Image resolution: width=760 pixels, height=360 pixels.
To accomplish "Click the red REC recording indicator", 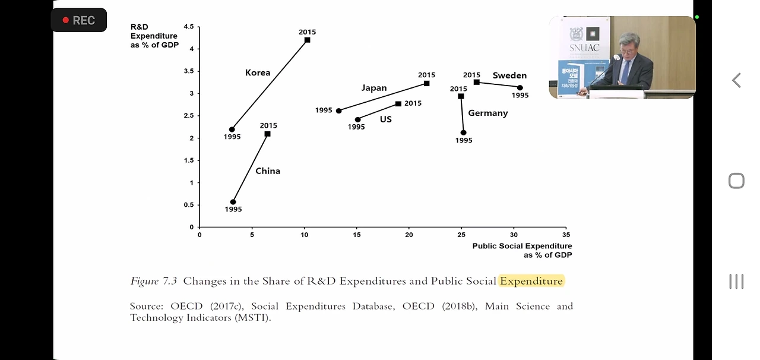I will point(78,20).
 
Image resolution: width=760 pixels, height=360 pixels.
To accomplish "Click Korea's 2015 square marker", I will point(307,40).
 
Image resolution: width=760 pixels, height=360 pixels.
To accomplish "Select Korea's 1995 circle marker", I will point(232,130).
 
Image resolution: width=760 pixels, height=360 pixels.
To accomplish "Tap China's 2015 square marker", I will point(267,134).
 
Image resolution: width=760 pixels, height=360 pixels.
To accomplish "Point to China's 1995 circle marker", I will point(233,202).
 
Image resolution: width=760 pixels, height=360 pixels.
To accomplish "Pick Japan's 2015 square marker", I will point(426,83).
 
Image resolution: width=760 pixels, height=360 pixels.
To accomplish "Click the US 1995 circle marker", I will point(357,119).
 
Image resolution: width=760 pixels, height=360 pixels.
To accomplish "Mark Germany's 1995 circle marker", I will point(463,132).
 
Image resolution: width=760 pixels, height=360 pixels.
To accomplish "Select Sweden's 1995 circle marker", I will point(520,87).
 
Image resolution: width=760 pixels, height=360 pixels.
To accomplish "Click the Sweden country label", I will point(509,75).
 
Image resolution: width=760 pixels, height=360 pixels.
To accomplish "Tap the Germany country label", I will point(487,113).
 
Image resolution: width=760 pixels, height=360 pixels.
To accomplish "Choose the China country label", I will point(268,171).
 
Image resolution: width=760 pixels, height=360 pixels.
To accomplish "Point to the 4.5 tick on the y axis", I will point(189,27).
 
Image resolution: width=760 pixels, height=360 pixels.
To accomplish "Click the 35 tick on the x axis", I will point(565,235).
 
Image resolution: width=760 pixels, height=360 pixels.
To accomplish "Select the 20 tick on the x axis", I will point(408,235).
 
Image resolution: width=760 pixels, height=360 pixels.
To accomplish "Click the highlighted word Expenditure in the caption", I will point(531,281).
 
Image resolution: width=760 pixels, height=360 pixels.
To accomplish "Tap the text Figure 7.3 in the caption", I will point(153,281).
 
